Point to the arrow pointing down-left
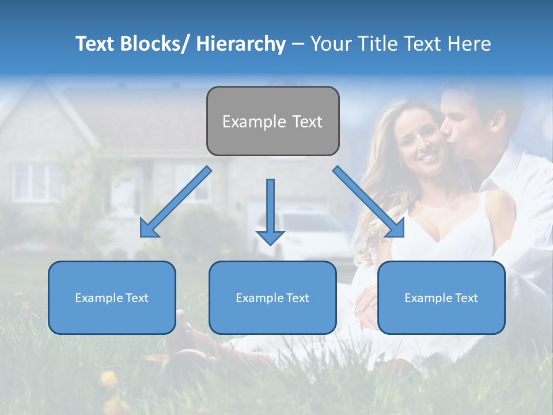click(x=175, y=202)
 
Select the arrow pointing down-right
click(x=369, y=202)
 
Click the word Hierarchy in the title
click(x=241, y=44)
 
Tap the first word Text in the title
click(x=96, y=44)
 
